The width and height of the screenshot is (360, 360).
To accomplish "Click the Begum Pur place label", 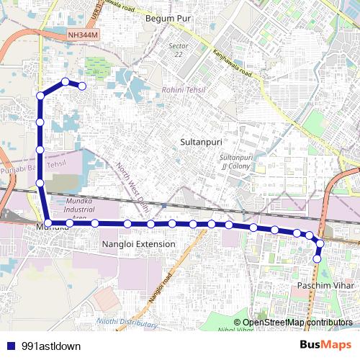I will pos(166,18).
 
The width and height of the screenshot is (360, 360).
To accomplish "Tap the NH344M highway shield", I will pos(84,34).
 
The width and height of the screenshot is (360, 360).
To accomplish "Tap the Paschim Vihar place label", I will pos(320,287).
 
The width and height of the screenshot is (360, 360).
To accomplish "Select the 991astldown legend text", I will pos(51,346).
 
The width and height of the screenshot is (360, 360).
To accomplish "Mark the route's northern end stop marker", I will pos(82,86).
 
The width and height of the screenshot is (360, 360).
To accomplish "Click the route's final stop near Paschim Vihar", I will pos(317,258).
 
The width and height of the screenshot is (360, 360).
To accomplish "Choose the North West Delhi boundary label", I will pos(132,184).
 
